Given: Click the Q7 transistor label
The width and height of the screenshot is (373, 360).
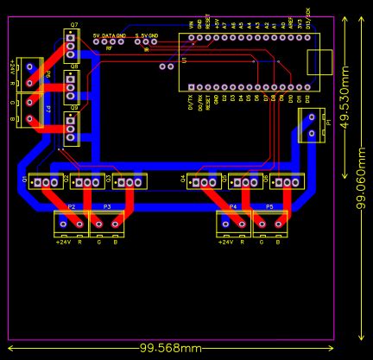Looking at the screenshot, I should [x=73, y=25].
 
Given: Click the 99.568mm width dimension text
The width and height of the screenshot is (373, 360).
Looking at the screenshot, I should [x=170, y=348].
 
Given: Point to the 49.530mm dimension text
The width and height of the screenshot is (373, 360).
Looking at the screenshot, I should [x=345, y=95].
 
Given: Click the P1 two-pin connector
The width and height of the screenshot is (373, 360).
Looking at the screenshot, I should [x=312, y=126].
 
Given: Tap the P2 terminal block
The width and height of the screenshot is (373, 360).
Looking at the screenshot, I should [x=71, y=224].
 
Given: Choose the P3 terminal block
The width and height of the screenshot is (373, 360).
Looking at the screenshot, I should [x=107, y=224].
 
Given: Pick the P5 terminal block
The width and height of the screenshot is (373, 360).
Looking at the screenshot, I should [x=269, y=224].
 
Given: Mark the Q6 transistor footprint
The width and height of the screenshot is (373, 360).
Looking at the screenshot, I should [x=287, y=181].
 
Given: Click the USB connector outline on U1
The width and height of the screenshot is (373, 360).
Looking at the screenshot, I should [x=320, y=62].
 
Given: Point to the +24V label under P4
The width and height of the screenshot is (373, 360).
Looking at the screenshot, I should [x=224, y=243].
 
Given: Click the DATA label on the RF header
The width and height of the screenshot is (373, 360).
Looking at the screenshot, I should [x=109, y=36].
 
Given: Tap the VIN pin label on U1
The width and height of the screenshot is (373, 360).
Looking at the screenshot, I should [x=191, y=26].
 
